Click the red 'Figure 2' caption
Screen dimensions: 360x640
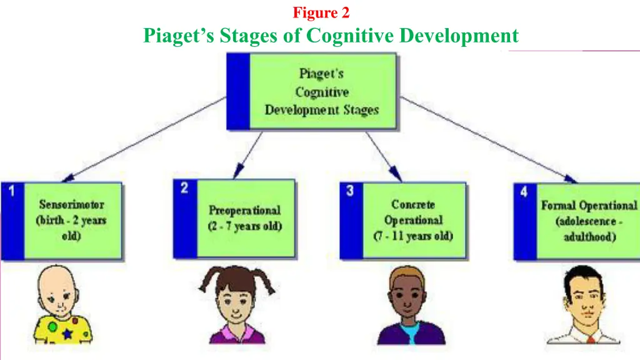[321, 12]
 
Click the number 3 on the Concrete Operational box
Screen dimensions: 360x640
[350, 191]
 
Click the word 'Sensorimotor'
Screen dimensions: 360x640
[72, 204]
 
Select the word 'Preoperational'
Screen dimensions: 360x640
[244, 210]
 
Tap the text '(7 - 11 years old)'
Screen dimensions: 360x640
[413, 236]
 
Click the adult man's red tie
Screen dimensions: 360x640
[589, 340]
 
